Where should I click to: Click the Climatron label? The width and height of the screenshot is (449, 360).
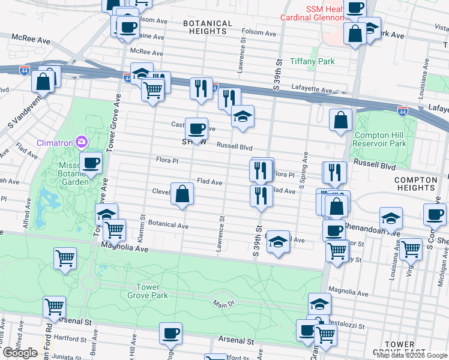click(x=55, y=143)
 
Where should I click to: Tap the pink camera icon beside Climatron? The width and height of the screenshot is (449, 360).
click(x=81, y=143)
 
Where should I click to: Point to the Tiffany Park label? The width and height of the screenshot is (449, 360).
click(x=312, y=61)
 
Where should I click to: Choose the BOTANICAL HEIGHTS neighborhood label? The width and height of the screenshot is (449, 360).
click(x=207, y=28)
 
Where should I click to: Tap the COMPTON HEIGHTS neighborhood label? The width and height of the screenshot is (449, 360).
click(x=415, y=184)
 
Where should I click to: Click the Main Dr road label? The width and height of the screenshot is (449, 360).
click(x=223, y=305)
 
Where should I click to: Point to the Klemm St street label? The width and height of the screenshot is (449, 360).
click(x=143, y=225)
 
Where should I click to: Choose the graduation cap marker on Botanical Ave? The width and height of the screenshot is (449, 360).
click(x=278, y=242)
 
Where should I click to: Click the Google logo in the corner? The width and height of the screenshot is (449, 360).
click(x=20, y=353)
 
